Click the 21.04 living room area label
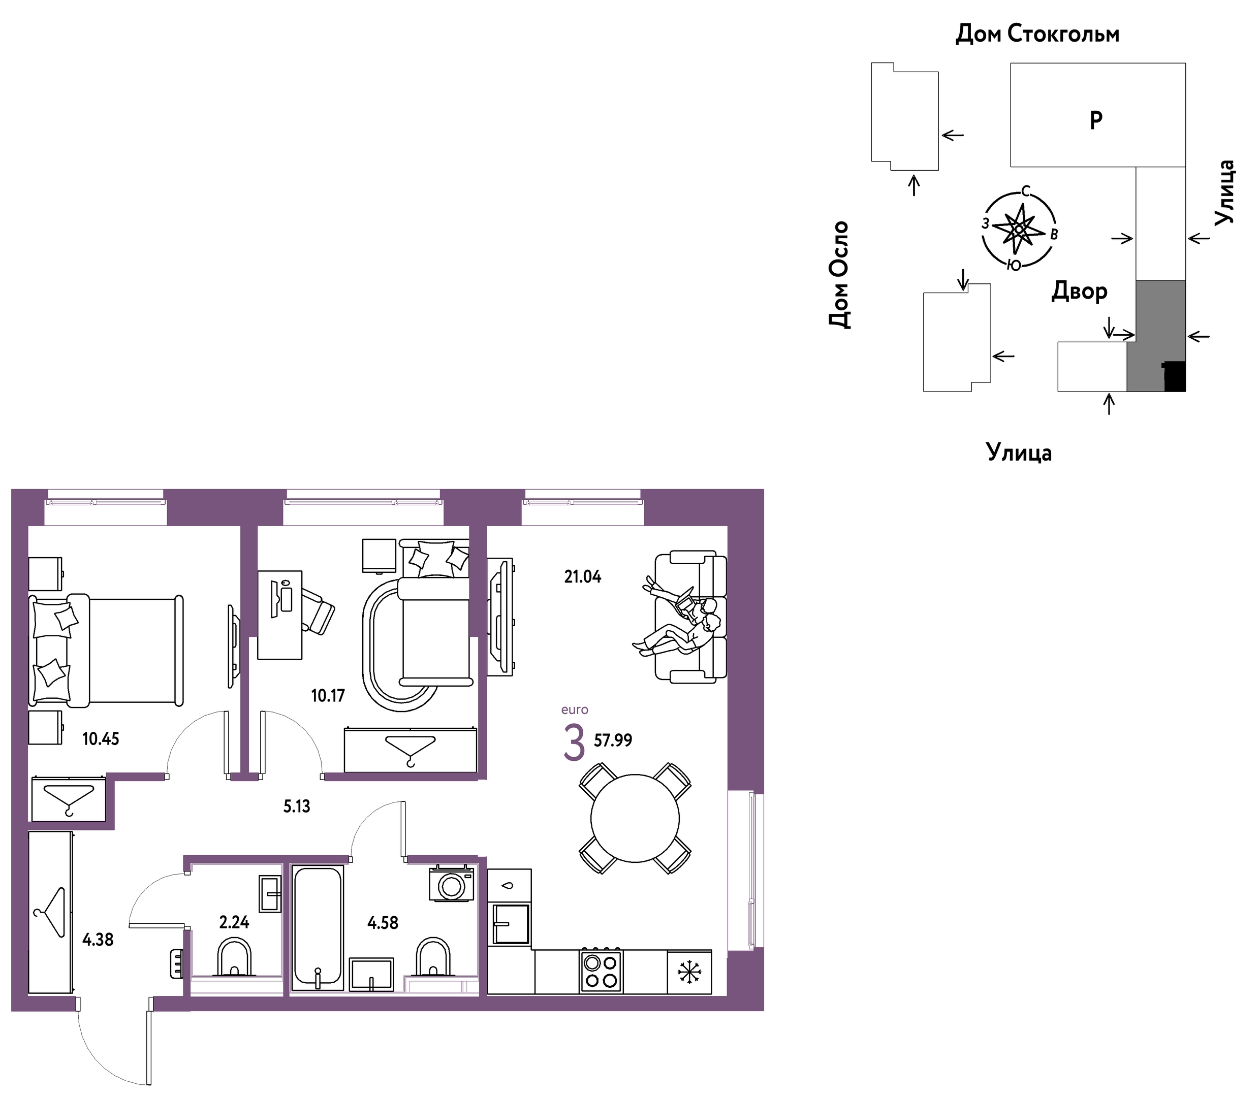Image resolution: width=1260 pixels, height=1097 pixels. click(582, 576)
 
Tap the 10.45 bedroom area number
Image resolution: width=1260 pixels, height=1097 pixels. click(101, 739)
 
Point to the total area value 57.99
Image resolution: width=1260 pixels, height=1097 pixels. click(613, 740)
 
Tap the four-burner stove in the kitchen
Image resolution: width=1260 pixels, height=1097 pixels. click(601, 972)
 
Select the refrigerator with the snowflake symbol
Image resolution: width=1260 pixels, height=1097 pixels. click(689, 972)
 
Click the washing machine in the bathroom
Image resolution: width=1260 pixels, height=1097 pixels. click(452, 884)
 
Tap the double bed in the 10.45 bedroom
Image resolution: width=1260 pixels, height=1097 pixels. click(106, 650)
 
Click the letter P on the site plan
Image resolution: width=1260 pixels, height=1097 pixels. click(1096, 120)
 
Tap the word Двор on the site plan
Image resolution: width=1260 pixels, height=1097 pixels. click(1080, 292)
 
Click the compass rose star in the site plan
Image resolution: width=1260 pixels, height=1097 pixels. click(1018, 229)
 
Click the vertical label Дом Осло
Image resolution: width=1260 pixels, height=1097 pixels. click(839, 275)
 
